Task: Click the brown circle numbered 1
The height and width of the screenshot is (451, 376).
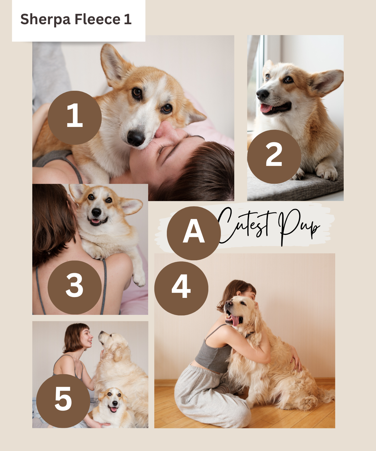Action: [75, 117]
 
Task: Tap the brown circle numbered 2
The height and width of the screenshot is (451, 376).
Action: [274, 156]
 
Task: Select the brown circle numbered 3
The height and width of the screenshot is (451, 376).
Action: [75, 287]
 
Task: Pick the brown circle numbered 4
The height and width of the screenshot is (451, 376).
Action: [181, 288]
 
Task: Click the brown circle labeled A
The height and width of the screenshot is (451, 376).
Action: [194, 233]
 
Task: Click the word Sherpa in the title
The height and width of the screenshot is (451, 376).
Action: [45, 19]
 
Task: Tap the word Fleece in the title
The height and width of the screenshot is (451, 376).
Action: [97, 19]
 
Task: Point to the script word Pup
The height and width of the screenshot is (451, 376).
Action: [298, 225]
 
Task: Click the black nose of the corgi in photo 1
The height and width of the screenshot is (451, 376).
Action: [136, 138]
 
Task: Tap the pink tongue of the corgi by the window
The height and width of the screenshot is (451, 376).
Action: [266, 108]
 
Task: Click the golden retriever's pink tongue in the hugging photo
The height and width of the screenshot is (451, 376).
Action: [235, 320]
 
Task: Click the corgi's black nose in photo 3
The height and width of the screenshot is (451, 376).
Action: [96, 212]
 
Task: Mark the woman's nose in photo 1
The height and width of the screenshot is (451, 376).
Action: [166, 131]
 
